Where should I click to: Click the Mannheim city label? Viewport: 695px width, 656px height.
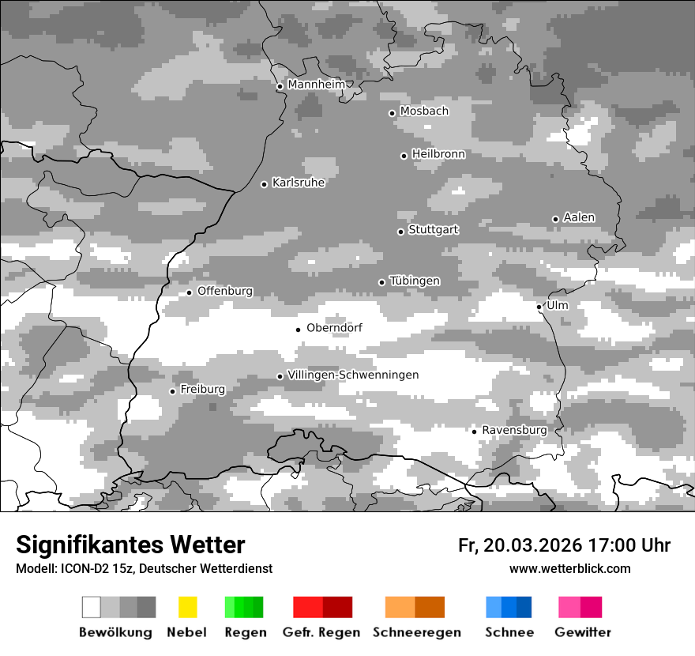(x=316, y=85)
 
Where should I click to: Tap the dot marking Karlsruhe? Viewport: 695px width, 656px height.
(x=265, y=184)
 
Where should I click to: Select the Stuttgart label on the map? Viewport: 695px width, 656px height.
(x=433, y=230)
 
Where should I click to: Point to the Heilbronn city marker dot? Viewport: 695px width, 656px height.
(x=404, y=156)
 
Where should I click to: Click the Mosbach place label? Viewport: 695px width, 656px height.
(x=424, y=111)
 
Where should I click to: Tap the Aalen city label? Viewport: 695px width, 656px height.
(x=579, y=217)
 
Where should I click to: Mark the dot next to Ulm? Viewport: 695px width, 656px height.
(x=539, y=307)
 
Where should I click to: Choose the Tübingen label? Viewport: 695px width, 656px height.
(x=415, y=281)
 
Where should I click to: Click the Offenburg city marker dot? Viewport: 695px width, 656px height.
(x=190, y=292)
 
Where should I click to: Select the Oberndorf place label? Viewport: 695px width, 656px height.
(x=334, y=328)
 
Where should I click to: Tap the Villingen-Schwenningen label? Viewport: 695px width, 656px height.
(x=353, y=375)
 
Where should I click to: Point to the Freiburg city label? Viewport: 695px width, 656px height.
(x=202, y=390)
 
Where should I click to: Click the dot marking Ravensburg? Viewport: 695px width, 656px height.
(x=474, y=431)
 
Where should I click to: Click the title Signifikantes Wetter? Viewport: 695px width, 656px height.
(x=130, y=545)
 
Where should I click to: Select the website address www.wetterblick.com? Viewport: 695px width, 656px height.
(x=569, y=568)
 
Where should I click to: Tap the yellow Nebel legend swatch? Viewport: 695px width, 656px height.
(x=187, y=607)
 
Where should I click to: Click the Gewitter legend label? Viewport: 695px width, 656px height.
(x=582, y=632)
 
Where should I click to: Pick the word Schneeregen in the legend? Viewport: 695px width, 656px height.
(x=417, y=632)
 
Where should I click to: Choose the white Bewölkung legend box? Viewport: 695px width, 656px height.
(x=91, y=607)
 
